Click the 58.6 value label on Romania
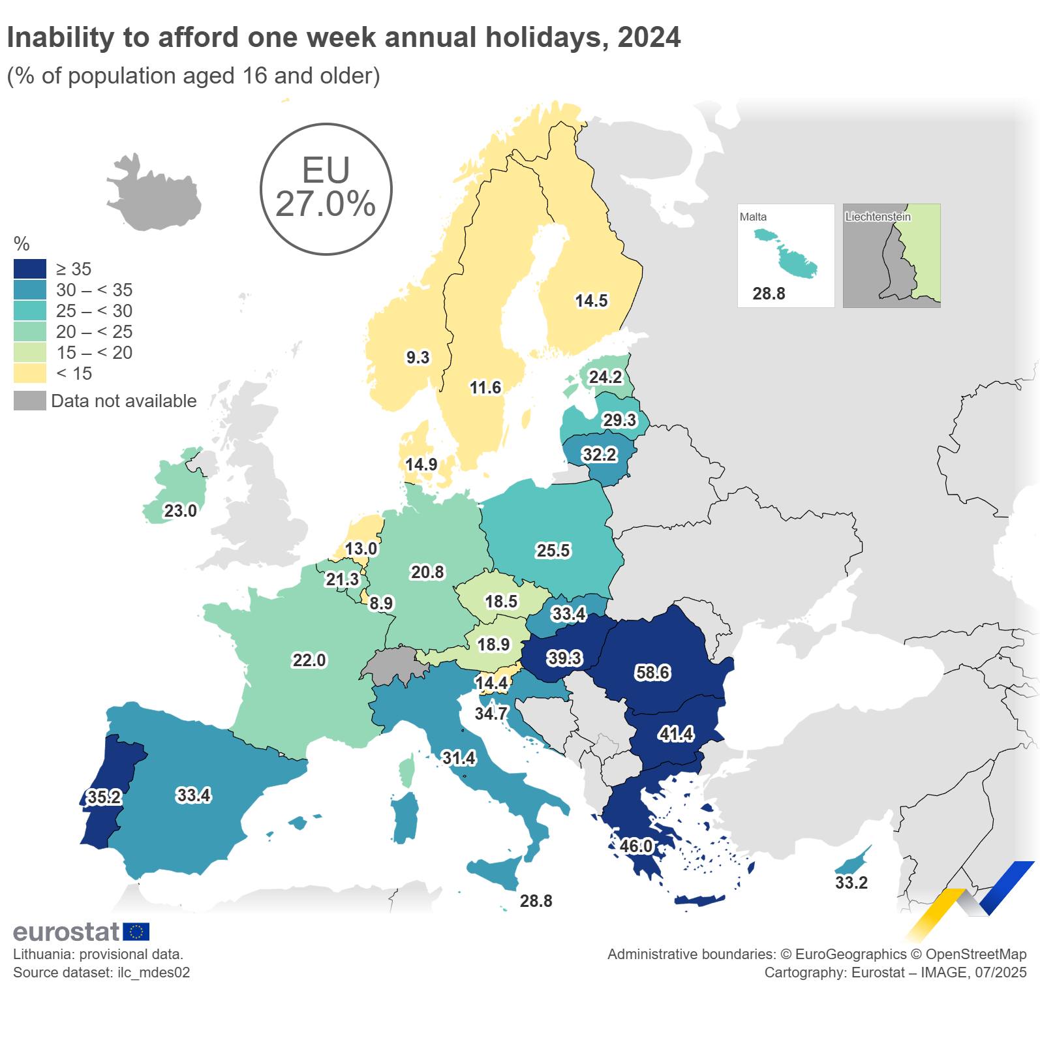tap(652, 672)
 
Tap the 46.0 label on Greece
tap(635, 846)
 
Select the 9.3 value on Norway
tap(418, 358)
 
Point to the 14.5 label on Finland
tap(591, 301)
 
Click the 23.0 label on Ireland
tap(180, 511)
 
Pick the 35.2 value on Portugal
tap(104, 797)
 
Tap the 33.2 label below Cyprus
tap(851, 883)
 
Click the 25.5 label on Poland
tap(553, 551)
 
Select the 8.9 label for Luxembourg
tap(381, 604)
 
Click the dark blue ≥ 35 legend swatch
tap(30, 269)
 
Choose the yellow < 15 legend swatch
tap(30, 373)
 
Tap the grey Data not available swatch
tap(30, 401)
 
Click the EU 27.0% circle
tap(326, 189)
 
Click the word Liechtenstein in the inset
tap(878, 217)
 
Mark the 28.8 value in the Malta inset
tap(769, 294)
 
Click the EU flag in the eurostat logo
tap(136, 932)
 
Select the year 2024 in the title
tap(649, 37)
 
